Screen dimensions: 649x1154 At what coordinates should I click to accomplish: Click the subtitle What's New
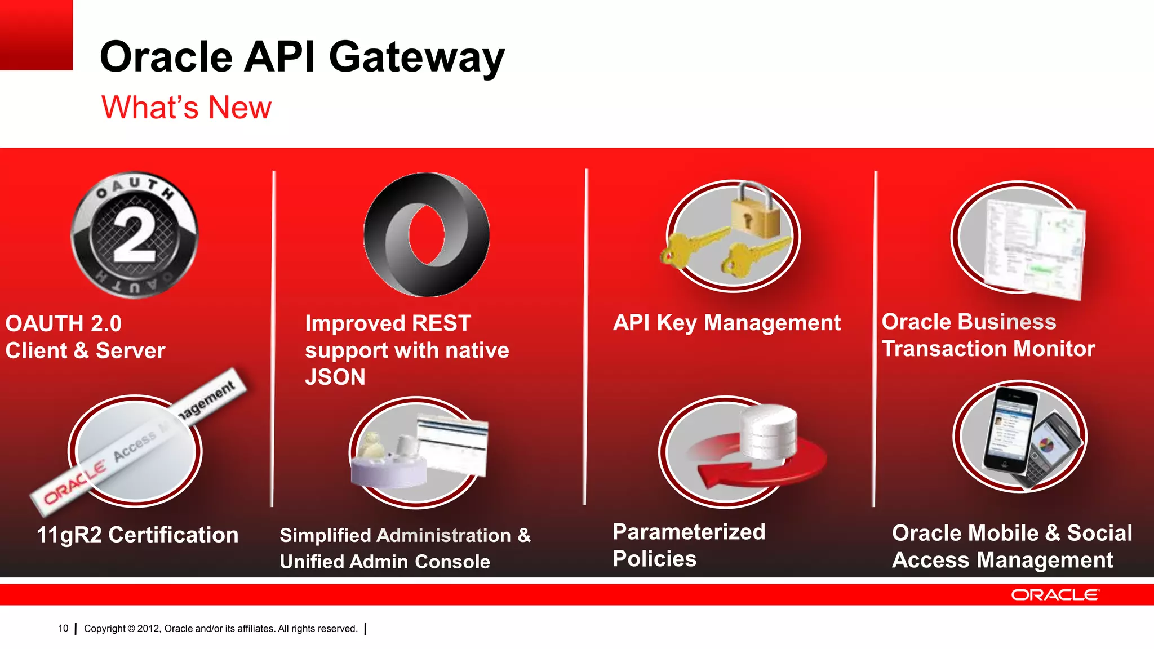[186, 107]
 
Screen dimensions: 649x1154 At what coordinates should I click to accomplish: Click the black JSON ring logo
[427, 234]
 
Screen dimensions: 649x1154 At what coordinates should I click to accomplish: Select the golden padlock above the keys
[755, 213]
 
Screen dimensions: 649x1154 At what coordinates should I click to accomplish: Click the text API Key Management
[726, 323]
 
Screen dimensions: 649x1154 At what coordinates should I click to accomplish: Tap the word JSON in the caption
[335, 377]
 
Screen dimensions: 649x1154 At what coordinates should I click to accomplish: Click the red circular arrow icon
[755, 462]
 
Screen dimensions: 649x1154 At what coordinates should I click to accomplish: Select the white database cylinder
[769, 431]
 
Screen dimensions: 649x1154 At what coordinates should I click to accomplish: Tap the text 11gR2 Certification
[137, 535]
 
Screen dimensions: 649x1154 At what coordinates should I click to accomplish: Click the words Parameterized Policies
[689, 545]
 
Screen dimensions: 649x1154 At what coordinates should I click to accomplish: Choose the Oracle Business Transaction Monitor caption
[988, 335]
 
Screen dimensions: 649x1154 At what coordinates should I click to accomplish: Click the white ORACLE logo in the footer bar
[1054, 595]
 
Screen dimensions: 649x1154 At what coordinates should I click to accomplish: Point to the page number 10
[63, 628]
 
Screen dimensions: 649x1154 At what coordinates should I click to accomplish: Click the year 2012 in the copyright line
[149, 629]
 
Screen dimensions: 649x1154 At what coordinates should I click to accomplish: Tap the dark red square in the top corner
[36, 35]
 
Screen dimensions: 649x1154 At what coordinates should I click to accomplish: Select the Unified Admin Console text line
[385, 562]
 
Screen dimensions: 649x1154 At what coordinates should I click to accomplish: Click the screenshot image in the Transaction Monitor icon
[1035, 248]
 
